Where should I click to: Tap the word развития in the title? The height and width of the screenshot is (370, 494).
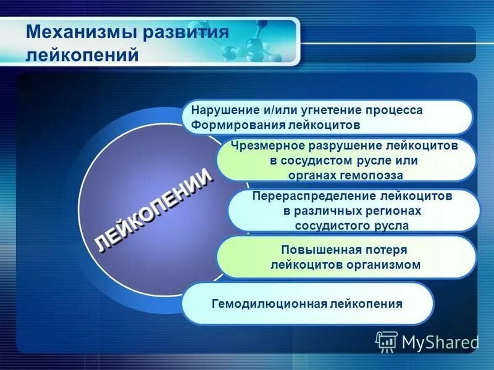click(x=186, y=31)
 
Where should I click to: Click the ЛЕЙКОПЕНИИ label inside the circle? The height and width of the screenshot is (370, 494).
click(x=155, y=210)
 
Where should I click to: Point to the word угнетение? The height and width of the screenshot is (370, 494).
click(x=333, y=110)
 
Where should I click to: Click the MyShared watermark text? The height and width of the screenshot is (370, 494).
click(x=440, y=342)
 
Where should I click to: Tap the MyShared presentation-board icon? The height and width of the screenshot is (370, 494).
click(x=387, y=341)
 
